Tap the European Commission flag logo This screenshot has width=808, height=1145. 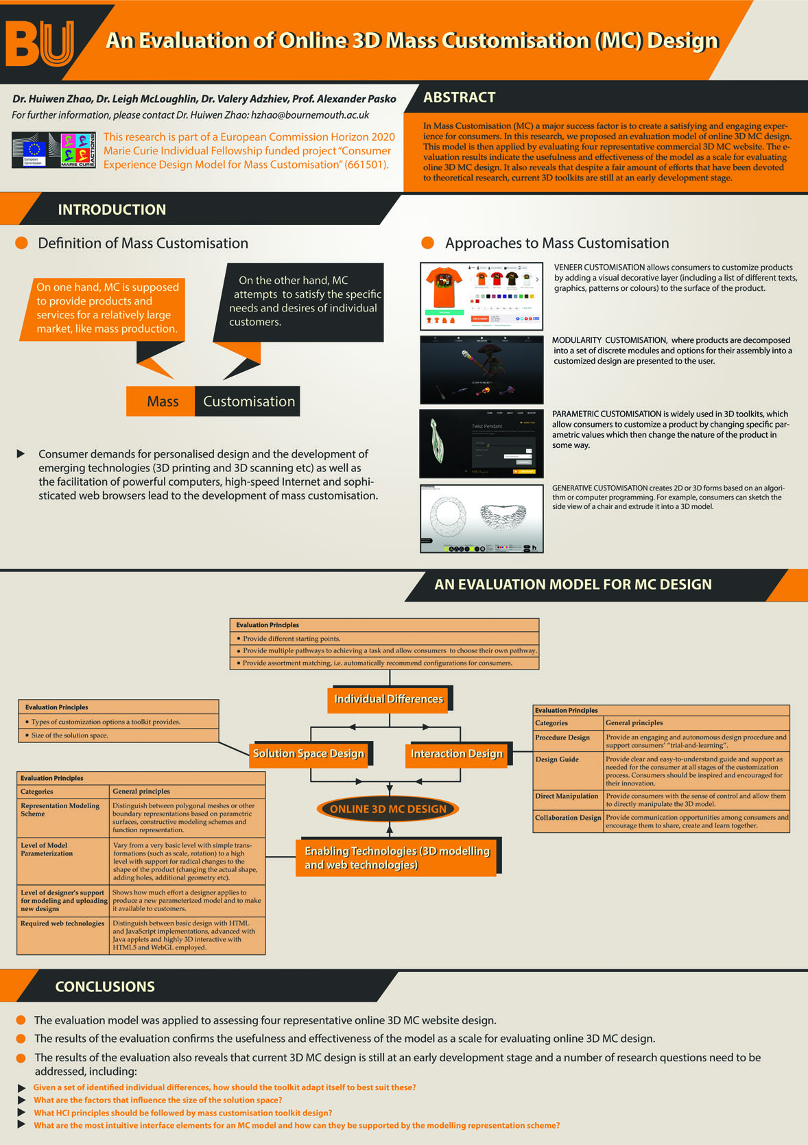point(34,150)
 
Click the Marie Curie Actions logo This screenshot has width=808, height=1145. point(78,150)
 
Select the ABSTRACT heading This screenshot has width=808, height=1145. point(459,98)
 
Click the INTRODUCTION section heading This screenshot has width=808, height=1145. point(112,210)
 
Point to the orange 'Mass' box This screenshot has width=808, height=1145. point(162,401)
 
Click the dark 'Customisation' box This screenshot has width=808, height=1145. point(248,401)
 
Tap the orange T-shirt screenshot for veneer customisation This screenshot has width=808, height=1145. point(482,296)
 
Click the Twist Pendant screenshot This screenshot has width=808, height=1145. point(482,444)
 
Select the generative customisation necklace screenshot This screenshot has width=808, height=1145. point(482,518)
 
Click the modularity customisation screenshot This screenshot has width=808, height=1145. point(482,369)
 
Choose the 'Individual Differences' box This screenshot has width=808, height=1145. point(388,699)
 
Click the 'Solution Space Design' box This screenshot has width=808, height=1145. point(309,753)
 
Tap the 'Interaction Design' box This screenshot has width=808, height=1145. point(457,753)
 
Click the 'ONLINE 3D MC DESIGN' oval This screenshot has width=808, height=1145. point(388,809)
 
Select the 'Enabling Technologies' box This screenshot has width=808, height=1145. point(397,858)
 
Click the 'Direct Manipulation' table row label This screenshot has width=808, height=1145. point(567,796)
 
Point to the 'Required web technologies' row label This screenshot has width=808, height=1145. point(62,923)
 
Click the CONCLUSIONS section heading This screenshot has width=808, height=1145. point(105,987)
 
